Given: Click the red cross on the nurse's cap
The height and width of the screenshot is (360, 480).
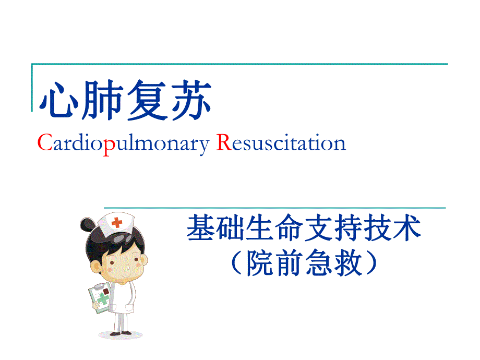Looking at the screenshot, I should (x=117, y=222).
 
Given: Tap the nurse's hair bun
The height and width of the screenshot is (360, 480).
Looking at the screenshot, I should (x=87, y=225).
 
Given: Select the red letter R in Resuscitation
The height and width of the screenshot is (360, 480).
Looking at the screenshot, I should (x=223, y=143).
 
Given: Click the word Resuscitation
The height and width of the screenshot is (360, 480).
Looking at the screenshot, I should (x=281, y=143).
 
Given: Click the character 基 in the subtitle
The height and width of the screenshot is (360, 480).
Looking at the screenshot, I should (x=199, y=229).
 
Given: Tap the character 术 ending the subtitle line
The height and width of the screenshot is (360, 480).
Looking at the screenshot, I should (x=409, y=229).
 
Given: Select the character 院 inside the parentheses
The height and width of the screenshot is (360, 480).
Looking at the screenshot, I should (x=261, y=263).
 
